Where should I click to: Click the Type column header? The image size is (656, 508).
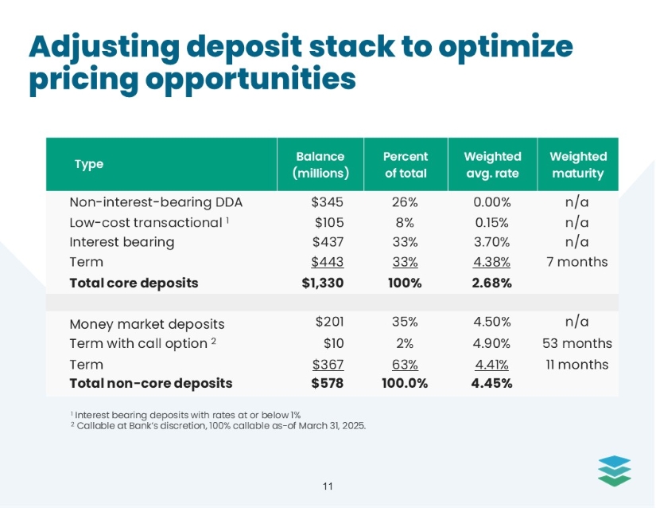tap(88, 165)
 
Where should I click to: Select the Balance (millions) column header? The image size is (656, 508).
tap(319, 165)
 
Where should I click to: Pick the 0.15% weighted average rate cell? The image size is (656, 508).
tap(492, 221)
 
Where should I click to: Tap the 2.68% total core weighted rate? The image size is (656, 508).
tap(492, 283)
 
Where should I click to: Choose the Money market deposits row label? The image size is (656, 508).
tap(147, 324)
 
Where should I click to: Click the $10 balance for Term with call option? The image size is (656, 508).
tap(333, 343)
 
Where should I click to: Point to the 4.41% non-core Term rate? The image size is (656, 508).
tap(492, 364)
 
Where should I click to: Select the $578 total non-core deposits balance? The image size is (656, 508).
tap(327, 383)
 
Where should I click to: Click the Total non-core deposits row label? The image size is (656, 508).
tap(151, 383)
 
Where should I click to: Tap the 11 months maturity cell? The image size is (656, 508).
tap(578, 364)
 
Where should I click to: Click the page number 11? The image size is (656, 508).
tap(328, 486)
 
